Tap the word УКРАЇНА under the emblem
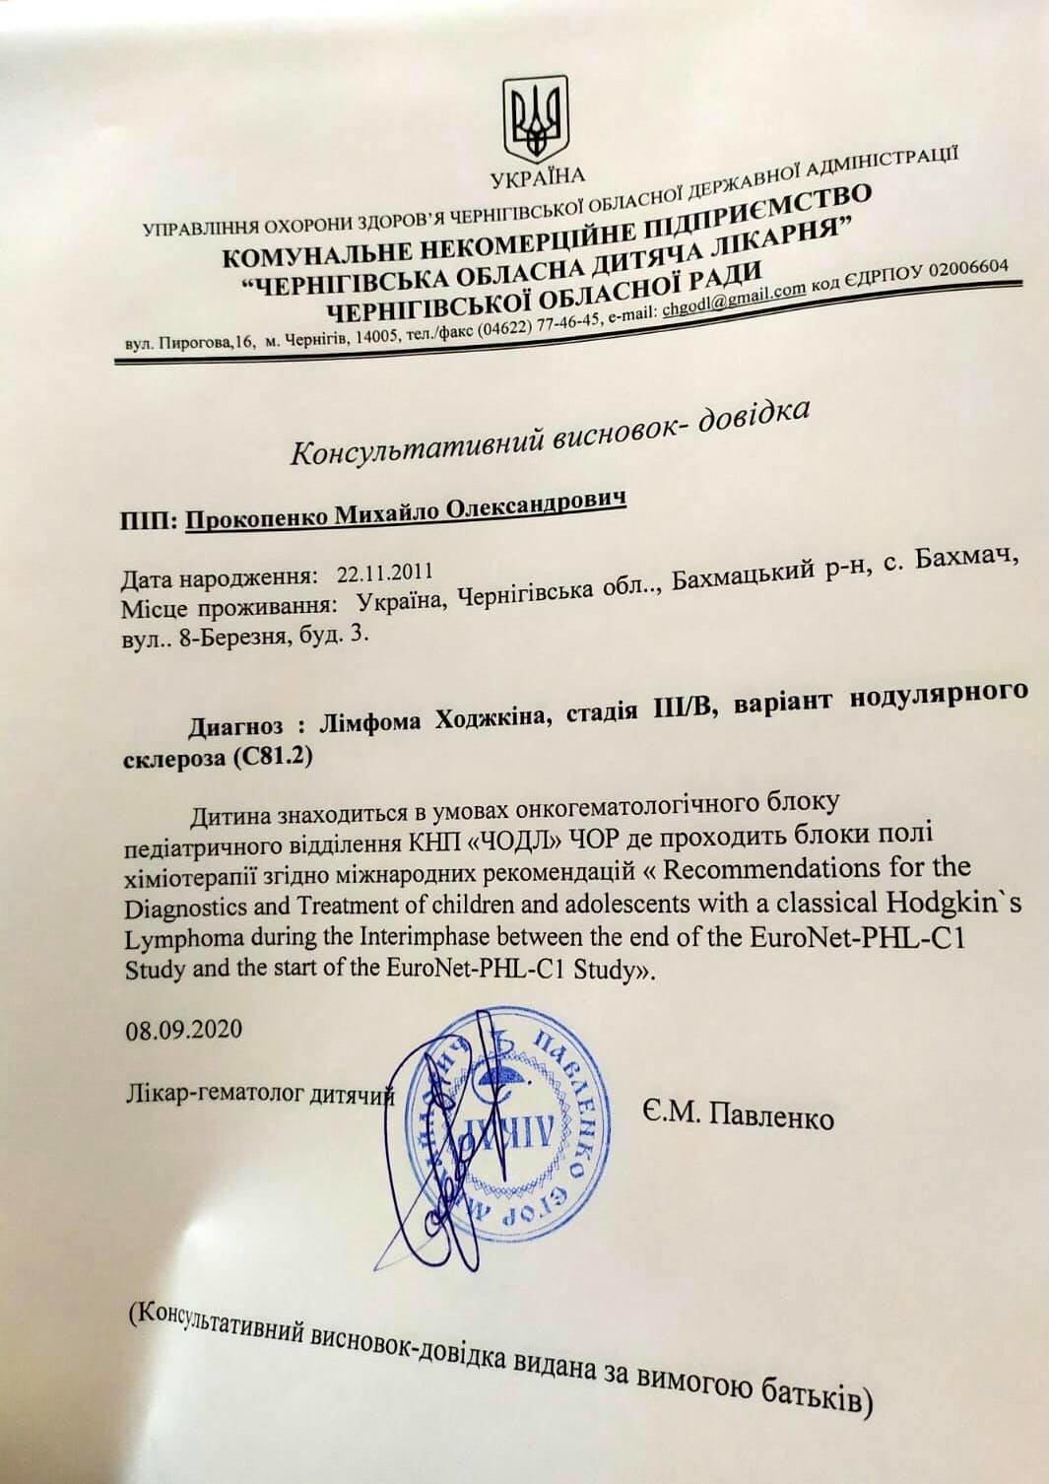click(537, 177)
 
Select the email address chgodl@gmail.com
click(734, 298)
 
